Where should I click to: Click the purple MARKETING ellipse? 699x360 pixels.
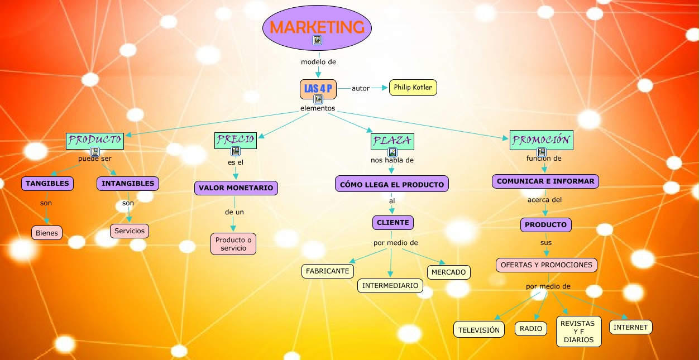(x=317, y=26)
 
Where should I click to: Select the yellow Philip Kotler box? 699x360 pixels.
(x=413, y=88)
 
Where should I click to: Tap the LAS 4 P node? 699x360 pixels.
(x=318, y=88)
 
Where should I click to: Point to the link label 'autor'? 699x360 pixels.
(x=361, y=88)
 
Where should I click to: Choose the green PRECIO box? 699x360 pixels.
(x=236, y=140)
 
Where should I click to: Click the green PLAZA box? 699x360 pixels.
(x=392, y=141)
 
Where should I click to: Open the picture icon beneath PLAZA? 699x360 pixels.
(x=392, y=152)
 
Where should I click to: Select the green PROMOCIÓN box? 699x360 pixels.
(x=541, y=140)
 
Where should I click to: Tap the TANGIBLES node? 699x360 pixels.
(x=47, y=183)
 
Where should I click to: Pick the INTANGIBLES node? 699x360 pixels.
(x=128, y=183)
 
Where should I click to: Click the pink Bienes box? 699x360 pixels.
(x=47, y=233)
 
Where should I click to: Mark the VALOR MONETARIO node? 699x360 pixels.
(x=236, y=188)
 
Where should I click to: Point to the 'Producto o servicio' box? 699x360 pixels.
(x=233, y=244)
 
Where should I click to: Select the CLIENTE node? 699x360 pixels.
(x=393, y=222)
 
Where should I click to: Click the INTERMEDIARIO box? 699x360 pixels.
(x=390, y=286)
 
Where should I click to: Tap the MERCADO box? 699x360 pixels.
(x=449, y=272)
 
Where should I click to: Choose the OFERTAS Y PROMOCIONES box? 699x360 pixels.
(x=547, y=265)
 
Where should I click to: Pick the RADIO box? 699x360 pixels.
(x=531, y=329)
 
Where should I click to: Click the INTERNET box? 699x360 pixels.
(x=631, y=327)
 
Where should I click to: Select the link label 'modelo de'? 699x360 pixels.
(x=318, y=61)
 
